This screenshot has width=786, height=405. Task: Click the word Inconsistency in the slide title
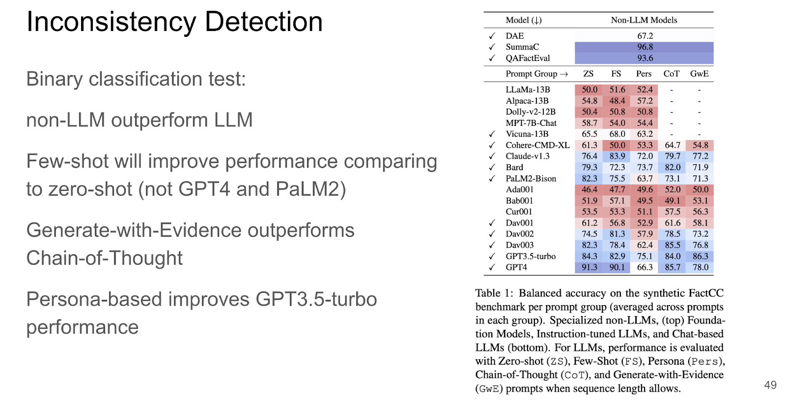pyautogui.click(x=111, y=22)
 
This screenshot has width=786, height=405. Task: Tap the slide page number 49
pyautogui.click(x=770, y=385)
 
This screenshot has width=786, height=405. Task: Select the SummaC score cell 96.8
pyautogui.click(x=645, y=47)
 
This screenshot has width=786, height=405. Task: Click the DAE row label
pyautogui.click(x=514, y=36)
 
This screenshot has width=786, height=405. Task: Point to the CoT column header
pyautogui.click(x=671, y=74)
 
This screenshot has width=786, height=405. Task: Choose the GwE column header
pyautogui.click(x=700, y=74)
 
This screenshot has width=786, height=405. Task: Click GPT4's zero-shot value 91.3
pyautogui.click(x=589, y=267)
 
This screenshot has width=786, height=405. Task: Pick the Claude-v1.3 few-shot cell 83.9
pyautogui.click(x=617, y=156)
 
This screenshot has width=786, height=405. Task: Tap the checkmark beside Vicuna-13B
pyautogui.click(x=492, y=134)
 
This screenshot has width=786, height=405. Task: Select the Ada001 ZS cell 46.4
pyautogui.click(x=589, y=190)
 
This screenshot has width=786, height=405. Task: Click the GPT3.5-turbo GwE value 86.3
pyautogui.click(x=700, y=256)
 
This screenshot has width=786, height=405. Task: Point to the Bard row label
pyautogui.click(x=514, y=168)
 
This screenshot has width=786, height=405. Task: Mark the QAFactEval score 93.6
pyautogui.click(x=645, y=58)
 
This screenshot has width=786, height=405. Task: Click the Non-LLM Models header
pyautogui.click(x=644, y=20)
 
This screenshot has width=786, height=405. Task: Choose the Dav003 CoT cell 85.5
pyautogui.click(x=673, y=245)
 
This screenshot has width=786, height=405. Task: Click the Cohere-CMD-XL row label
pyautogui.click(x=537, y=145)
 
